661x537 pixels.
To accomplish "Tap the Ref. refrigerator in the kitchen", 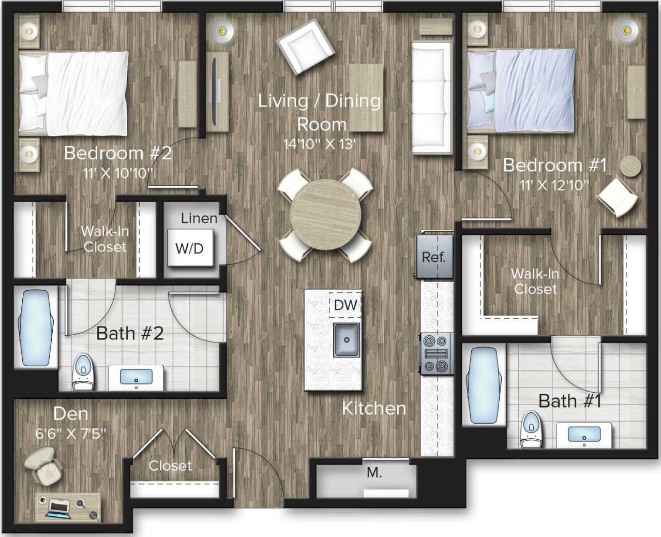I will pyautogui.click(x=433, y=257).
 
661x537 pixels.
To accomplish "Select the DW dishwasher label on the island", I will pyautogui.click(x=345, y=305).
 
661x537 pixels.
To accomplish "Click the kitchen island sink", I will pyautogui.click(x=347, y=340).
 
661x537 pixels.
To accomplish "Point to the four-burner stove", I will pyautogui.click(x=435, y=354).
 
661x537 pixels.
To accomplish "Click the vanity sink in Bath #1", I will pyautogui.click(x=584, y=435).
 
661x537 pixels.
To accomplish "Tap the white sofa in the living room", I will pyautogui.click(x=431, y=98).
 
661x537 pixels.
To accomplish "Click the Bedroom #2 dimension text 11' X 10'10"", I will pyautogui.click(x=118, y=173).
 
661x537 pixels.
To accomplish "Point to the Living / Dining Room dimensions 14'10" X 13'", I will pyautogui.click(x=319, y=144).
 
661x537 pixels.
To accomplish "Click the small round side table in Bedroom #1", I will pyautogui.click(x=630, y=166).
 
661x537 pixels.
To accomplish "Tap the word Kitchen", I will pyautogui.click(x=374, y=408).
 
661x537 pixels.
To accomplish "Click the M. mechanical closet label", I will pyautogui.click(x=374, y=472).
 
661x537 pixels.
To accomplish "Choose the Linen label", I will pyautogui.click(x=199, y=218).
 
